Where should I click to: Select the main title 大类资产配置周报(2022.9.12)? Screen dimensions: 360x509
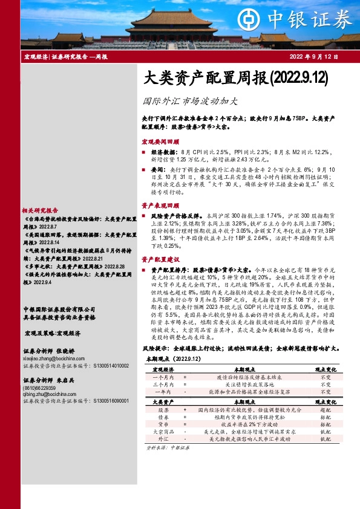point(226,78)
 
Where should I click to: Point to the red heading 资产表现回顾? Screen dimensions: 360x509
point(159,206)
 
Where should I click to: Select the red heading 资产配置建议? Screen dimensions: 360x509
point(159,259)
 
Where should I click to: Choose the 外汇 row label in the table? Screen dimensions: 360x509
point(162,439)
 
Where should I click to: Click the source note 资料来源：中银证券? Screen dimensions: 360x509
point(168,448)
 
